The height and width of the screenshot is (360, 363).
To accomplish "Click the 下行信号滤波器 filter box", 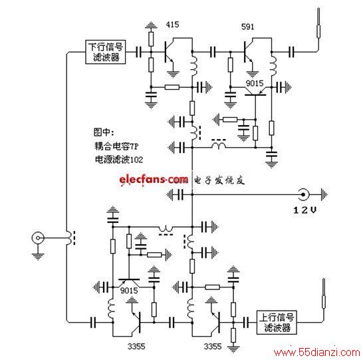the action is tap(106, 52).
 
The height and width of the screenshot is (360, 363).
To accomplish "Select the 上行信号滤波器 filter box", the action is tap(277, 323).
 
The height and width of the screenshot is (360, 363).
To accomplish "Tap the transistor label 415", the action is tap(172, 25).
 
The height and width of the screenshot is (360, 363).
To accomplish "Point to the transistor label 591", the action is tap(248, 27).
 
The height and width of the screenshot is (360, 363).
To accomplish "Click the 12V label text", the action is tap(304, 210).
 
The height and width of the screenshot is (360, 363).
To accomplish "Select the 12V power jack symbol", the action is tap(302, 194).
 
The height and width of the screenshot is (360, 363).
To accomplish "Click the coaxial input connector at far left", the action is tap(37, 238).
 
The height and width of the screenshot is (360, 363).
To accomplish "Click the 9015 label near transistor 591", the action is tap(255, 83).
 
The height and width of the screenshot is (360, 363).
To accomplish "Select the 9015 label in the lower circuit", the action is tap(129, 290).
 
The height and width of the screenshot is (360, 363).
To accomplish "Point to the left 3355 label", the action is tap(136, 346).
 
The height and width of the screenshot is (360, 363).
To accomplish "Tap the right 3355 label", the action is tap(213, 346).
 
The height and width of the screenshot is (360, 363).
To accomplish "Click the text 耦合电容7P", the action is tap(116, 146).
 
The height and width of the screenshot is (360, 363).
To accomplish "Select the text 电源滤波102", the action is tap(119, 160).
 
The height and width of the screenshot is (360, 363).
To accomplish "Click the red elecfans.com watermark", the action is tap(154, 180).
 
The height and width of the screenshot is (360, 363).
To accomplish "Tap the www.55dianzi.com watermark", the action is tap(316, 353).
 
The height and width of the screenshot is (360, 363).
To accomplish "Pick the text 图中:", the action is tap(104, 132).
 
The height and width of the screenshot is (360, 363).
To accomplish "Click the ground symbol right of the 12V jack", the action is tap(324, 194).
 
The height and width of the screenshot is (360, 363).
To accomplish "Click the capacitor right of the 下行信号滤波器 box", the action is tap(139, 52).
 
